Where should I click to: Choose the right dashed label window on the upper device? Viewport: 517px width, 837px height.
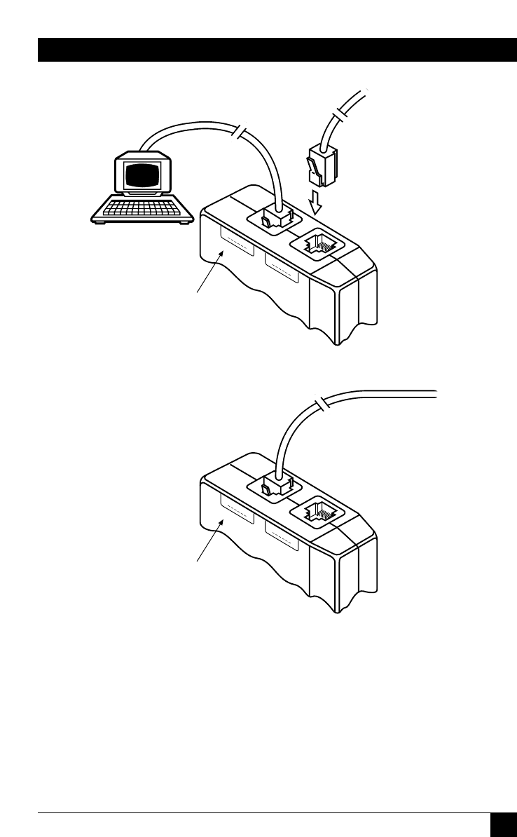point(282,267)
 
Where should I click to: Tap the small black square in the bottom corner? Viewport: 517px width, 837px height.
point(503,824)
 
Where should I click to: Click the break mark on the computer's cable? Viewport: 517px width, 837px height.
point(241,131)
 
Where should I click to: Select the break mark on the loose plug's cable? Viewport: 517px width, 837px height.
point(340,113)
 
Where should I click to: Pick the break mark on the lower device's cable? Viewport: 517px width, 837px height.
point(322,404)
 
